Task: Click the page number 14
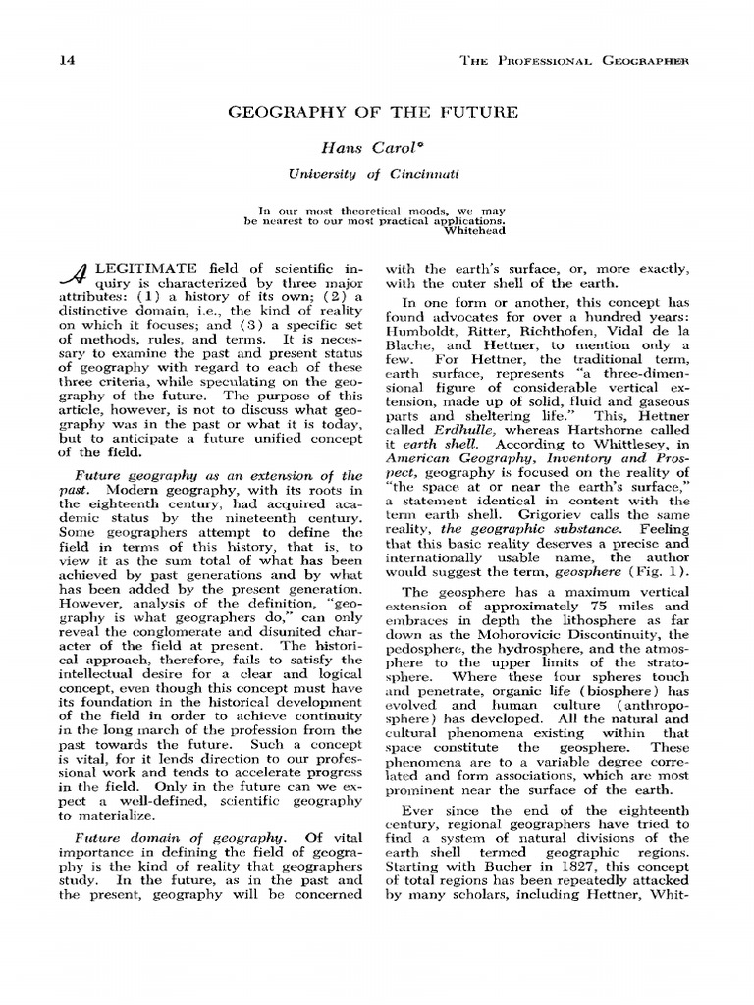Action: [68, 62]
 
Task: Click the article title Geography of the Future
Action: [373, 113]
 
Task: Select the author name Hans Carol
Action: [372, 149]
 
